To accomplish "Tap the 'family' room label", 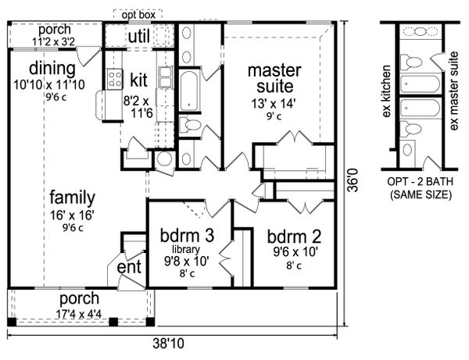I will pos(72,197).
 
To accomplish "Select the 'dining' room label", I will pos(53,68).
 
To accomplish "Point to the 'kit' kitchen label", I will pos(138,79).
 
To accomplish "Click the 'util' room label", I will pos(138,35).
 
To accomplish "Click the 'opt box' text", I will pos(139,14).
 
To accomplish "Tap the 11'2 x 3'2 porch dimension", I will pos(53,41).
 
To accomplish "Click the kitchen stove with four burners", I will pos(114,78).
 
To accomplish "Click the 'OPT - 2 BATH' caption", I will pos(422,182).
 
